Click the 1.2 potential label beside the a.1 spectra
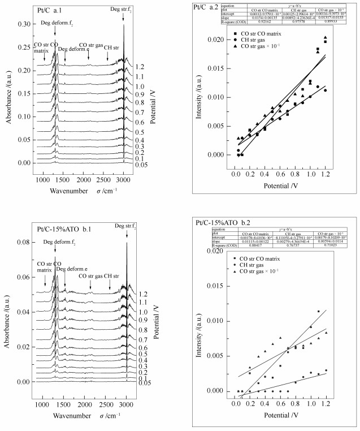point(140,66)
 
